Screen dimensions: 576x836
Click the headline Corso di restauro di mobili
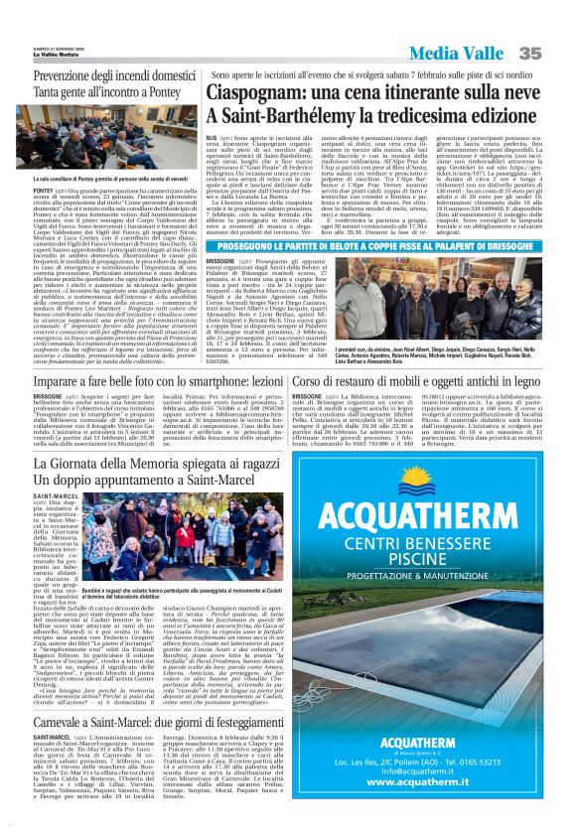(x=431, y=380)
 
